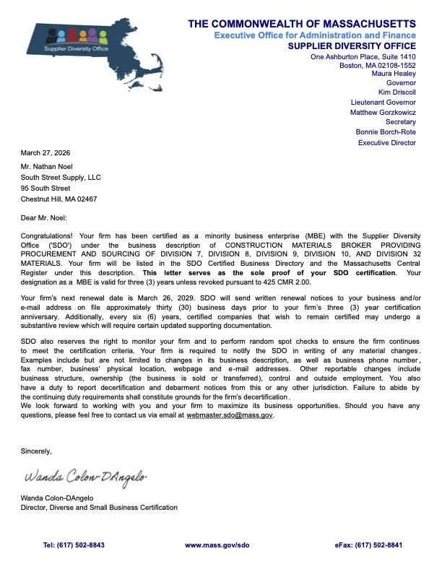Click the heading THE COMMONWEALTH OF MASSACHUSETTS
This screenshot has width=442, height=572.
(x=302, y=24)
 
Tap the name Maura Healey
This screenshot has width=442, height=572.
(x=394, y=73)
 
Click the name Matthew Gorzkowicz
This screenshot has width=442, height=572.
(x=383, y=113)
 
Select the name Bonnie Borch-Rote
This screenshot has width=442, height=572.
(x=386, y=132)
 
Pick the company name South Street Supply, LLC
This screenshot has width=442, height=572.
(x=61, y=177)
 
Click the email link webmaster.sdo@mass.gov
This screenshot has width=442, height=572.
(x=230, y=415)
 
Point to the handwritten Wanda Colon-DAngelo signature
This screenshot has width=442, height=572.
(x=86, y=477)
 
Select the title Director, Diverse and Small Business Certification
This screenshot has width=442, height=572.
(x=99, y=508)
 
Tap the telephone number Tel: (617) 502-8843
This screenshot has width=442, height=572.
(x=74, y=545)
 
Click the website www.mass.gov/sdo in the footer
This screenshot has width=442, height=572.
(x=217, y=545)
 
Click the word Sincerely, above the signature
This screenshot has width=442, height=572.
(x=36, y=451)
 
